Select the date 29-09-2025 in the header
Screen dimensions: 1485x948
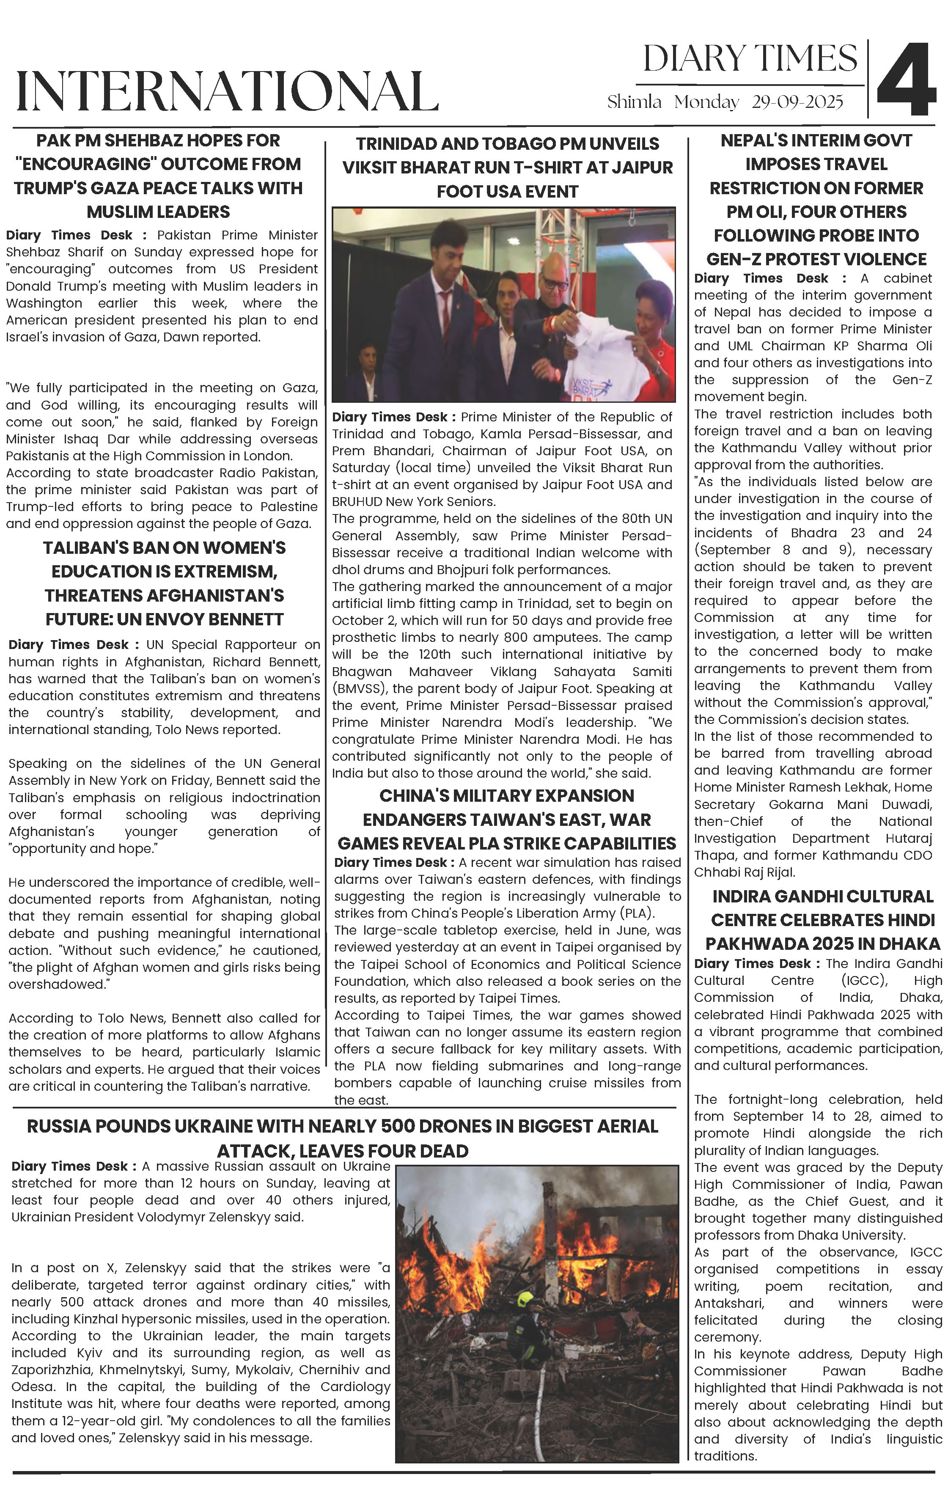(x=797, y=102)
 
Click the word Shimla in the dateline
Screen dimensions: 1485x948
(x=634, y=102)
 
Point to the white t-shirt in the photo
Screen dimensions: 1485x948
(x=592, y=352)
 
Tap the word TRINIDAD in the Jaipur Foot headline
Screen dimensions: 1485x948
(x=397, y=144)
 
